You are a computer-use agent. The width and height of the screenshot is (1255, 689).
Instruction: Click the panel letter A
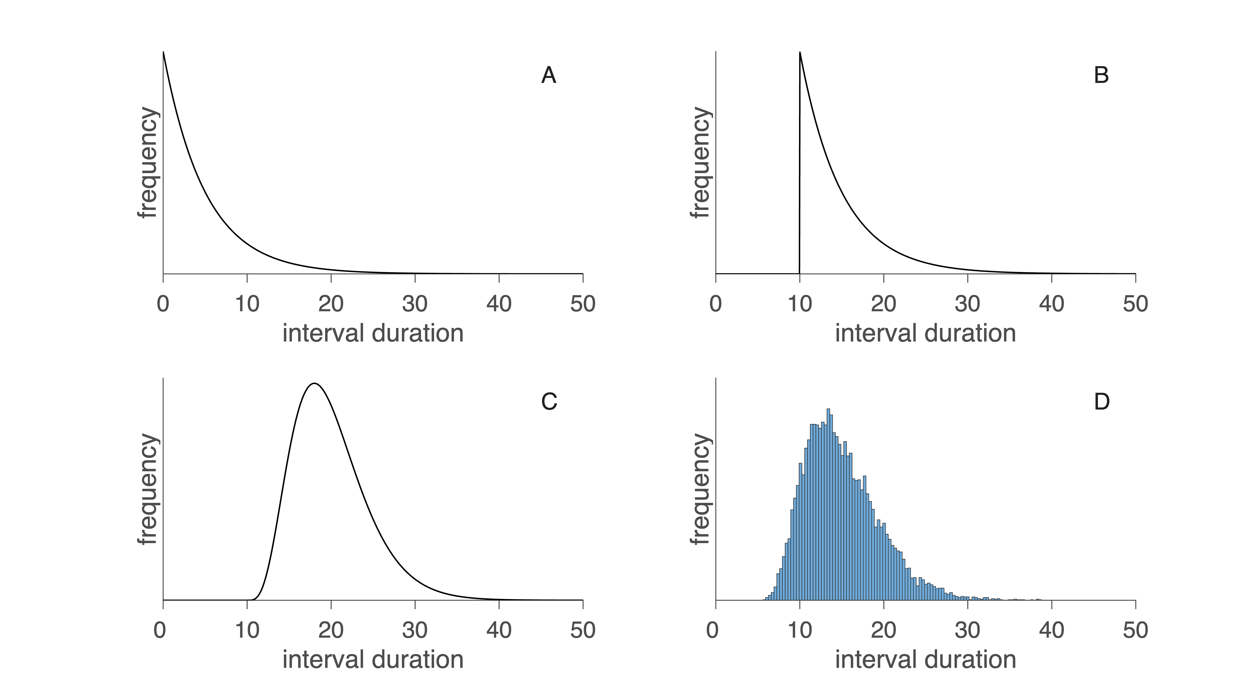pyautogui.click(x=548, y=75)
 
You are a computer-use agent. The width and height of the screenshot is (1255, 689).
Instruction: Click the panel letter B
pyautogui.click(x=1101, y=75)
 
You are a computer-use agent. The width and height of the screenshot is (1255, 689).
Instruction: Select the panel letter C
pyautogui.click(x=549, y=402)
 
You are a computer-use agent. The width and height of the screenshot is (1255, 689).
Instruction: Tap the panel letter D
pyautogui.click(x=1102, y=402)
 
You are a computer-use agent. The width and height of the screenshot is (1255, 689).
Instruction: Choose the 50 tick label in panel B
pyautogui.click(x=1135, y=304)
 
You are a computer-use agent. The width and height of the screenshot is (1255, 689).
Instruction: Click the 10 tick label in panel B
pyautogui.click(x=799, y=304)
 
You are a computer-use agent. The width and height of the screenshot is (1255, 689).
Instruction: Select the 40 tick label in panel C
pyautogui.click(x=499, y=630)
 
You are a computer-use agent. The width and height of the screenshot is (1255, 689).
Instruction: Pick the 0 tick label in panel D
pyautogui.click(x=712, y=630)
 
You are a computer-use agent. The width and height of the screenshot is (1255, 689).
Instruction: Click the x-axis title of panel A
pyautogui.click(x=373, y=334)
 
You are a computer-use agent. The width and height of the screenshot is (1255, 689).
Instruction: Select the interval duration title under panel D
pyautogui.click(x=925, y=660)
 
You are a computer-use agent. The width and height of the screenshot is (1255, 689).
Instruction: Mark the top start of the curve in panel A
pyautogui.click(x=163, y=52)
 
